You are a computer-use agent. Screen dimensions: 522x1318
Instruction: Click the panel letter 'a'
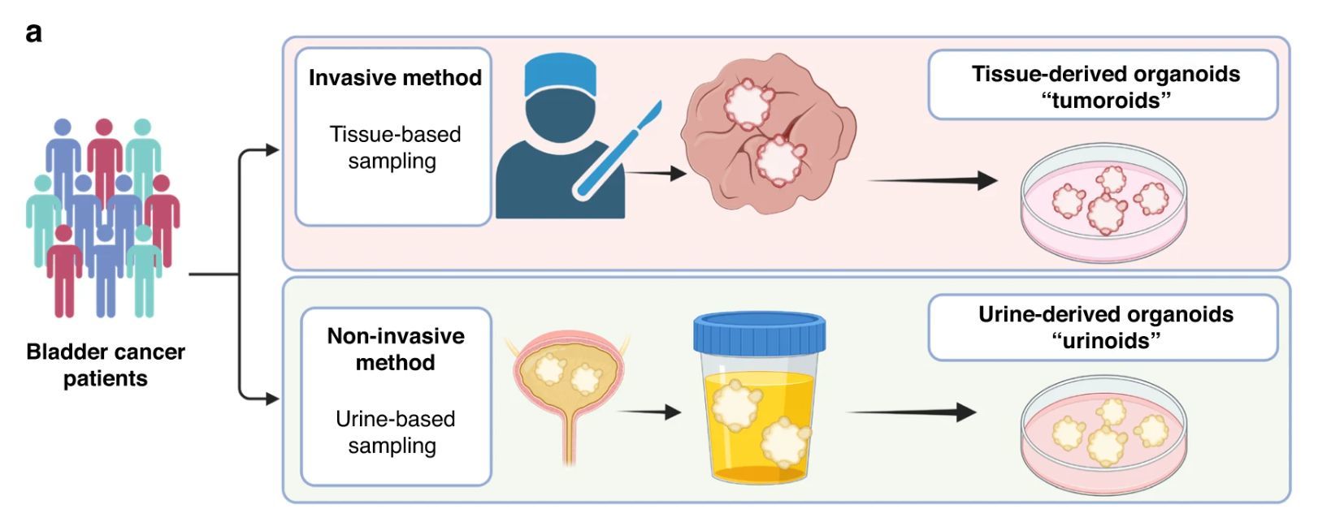[x=33, y=33]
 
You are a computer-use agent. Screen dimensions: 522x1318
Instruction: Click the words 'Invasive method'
[x=395, y=78]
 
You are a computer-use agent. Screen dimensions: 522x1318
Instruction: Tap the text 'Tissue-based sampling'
[x=394, y=147]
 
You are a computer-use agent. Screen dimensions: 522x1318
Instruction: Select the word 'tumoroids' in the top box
[x=1105, y=101]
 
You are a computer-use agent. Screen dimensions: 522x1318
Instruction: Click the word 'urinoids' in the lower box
[x=1105, y=340]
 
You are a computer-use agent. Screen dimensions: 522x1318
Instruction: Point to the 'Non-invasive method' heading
[x=396, y=349]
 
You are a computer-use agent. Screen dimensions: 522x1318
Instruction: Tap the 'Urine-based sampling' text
[x=394, y=432]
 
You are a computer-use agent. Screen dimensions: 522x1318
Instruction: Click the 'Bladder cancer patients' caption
[x=106, y=365]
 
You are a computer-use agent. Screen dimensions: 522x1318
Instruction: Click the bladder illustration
[x=568, y=382]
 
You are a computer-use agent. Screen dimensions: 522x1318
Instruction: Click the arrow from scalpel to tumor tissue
[x=656, y=173]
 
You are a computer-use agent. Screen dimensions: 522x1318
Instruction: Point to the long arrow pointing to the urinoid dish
[x=910, y=412]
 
